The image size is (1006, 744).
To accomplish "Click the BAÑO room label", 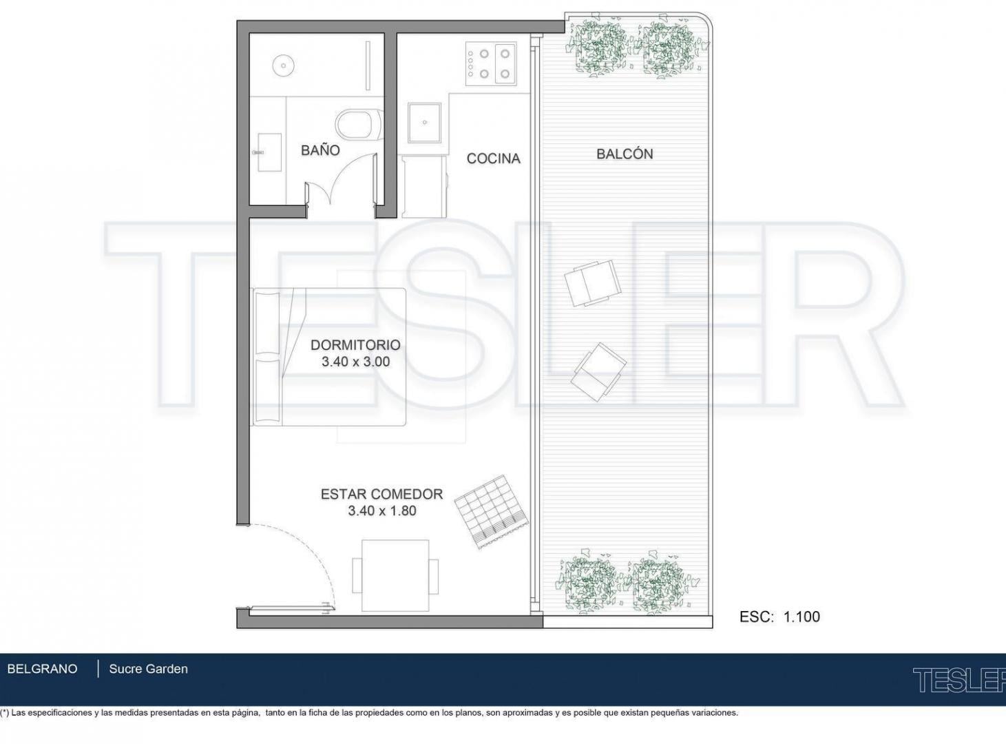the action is (x=320, y=150).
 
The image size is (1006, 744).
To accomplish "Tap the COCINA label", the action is (x=494, y=158).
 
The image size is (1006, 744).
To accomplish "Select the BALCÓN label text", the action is (x=625, y=154).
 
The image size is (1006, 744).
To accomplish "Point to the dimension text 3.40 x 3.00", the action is (x=355, y=362).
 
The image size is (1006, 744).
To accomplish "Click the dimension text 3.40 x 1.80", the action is (x=382, y=510).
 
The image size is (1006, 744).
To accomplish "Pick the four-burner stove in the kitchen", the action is (x=491, y=64).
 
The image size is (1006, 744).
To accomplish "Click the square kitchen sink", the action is (x=425, y=123).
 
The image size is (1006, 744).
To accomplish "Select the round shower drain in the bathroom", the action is (x=283, y=65).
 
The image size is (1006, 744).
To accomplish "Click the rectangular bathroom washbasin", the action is (x=269, y=152).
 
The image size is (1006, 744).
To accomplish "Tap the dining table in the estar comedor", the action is (x=395, y=576).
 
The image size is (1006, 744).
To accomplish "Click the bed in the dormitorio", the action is (x=329, y=357).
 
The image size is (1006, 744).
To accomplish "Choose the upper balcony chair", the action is (x=593, y=282).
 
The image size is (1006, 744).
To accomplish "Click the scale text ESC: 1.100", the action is (x=779, y=617).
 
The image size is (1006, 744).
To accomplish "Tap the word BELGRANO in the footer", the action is (x=42, y=669).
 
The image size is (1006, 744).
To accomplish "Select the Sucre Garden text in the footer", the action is (x=148, y=669).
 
